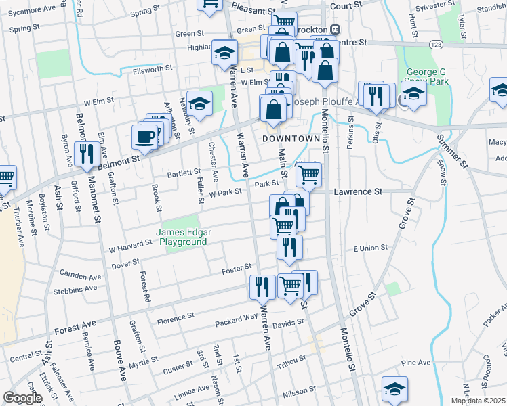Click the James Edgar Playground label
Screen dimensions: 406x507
pos(184,238)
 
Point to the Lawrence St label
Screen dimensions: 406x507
pos(357,191)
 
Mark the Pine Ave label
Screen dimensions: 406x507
pos(415,363)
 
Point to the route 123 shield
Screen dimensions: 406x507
pos(436,43)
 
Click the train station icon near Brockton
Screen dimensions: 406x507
pos(334,30)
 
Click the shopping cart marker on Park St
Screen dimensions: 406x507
pos(309,174)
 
